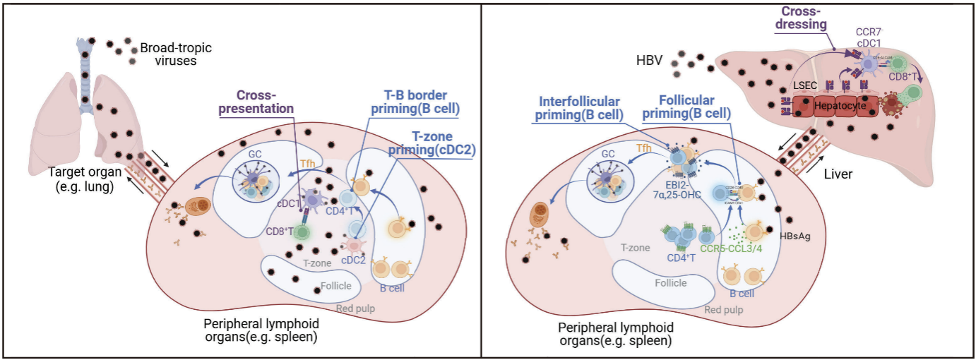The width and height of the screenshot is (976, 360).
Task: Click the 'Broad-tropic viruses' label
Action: pos(176,54)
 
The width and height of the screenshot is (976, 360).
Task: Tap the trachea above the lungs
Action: pos(85,71)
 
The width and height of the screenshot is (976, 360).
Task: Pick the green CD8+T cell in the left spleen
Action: pos(302,231)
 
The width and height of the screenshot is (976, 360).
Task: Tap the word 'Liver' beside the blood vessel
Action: pos(844,174)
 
